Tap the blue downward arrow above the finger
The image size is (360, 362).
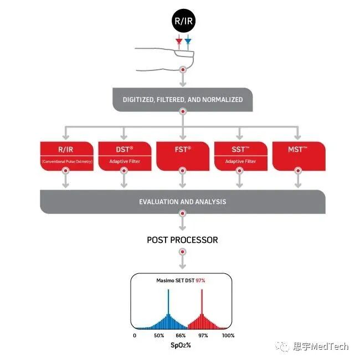point(188,42)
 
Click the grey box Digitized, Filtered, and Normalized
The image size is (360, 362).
point(182,100)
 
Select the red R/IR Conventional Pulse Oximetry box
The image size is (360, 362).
point(65,156)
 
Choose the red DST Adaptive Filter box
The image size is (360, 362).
point(124,156)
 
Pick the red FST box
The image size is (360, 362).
point(182,156)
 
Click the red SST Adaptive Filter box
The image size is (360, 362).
point(240,156)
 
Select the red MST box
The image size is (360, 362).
point(299,156)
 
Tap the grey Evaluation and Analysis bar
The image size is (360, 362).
point(182,202)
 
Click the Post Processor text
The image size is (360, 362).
point(182,240)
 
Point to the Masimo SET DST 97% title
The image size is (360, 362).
point(181,281)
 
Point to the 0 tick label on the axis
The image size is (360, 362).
point(135,335)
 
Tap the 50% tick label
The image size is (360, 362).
point(158,335)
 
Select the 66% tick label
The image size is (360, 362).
point(181,335)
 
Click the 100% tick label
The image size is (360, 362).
point(228,335)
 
